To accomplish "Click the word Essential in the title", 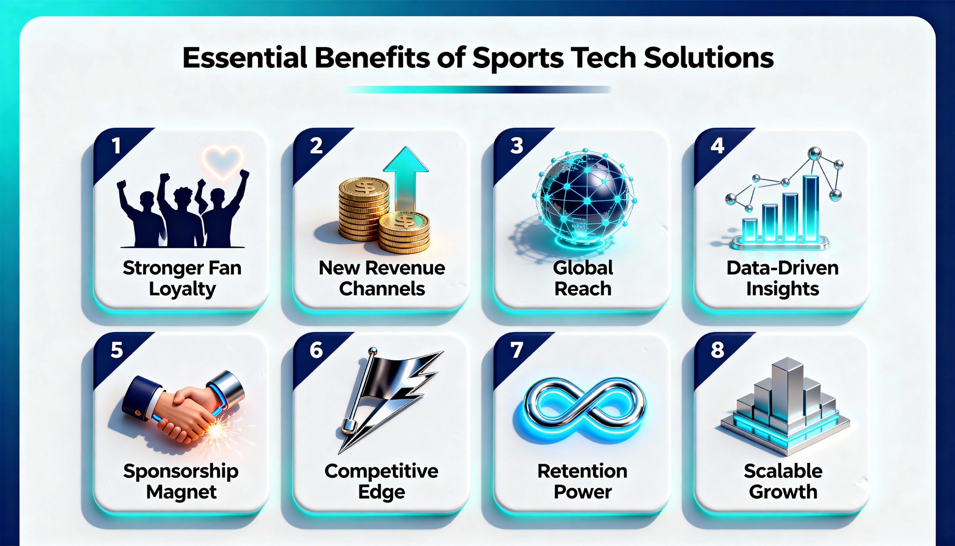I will point(245,58).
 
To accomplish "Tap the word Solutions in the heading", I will point(708,58).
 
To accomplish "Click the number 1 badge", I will point(116,146).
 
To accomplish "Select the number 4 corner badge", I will point(717,146).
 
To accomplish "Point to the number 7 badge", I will point(517,350).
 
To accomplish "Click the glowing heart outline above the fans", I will point(222,162).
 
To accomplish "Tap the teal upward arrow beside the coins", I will point(406,176).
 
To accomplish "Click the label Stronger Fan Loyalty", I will point(182,278).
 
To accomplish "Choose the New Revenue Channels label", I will point(382,278).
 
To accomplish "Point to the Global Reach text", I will point(583,278).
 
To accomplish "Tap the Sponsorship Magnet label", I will point(181,481).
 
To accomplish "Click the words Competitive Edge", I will point(382,481).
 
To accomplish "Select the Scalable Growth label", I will point(783,481).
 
